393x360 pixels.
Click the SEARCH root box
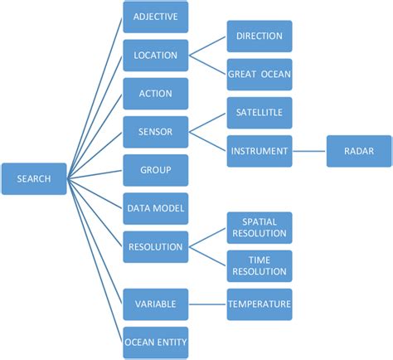(x=34, y=178)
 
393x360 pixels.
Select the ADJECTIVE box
(x=156, y=17)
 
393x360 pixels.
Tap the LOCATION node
(x=156, y=56)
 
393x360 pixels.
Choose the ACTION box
(x=156, y=94)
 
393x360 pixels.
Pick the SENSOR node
(x=156, y=132)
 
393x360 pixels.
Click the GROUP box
(x=156, y=170)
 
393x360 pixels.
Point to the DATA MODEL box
(x=156, y=208)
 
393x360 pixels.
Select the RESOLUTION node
(x=156, y=247)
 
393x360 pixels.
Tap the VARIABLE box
(x=156, y=304)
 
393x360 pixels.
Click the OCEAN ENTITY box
(x=156, y=343)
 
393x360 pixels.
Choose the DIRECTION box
(x=260, y=36)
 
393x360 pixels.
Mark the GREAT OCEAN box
(x=260, y=75)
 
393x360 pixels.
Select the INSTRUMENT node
(x=260, y=151)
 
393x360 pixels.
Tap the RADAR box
(x=358, y=151)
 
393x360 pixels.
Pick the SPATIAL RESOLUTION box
(x=260, y=228)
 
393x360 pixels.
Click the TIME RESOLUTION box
(x=260, y=266)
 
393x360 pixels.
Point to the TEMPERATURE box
(x=260, y=304)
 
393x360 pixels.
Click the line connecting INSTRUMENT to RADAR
(x=309, y=151)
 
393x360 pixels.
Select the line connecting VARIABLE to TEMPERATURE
(x=207, y=304)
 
